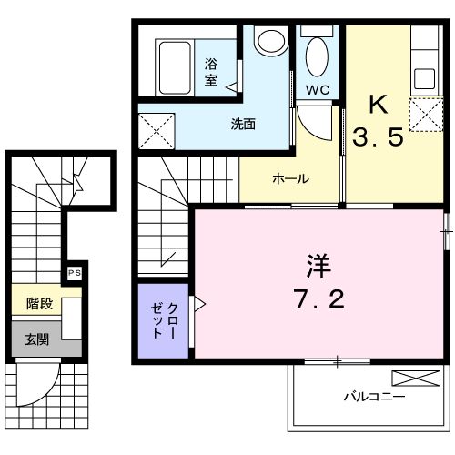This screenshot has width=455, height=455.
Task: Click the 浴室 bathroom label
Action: coord(210,72)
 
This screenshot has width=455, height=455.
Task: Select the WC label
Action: coord(317,90)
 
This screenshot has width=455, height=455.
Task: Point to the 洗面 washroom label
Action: coord(241,125)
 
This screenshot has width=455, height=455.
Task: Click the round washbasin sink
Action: coord(269,41)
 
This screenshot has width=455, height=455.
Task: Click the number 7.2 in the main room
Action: coord(318,301)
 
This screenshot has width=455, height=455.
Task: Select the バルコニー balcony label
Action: coord(374,398)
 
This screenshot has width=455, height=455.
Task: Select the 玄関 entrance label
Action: coord(36,340)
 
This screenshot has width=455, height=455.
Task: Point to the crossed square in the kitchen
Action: coord(424,116)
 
